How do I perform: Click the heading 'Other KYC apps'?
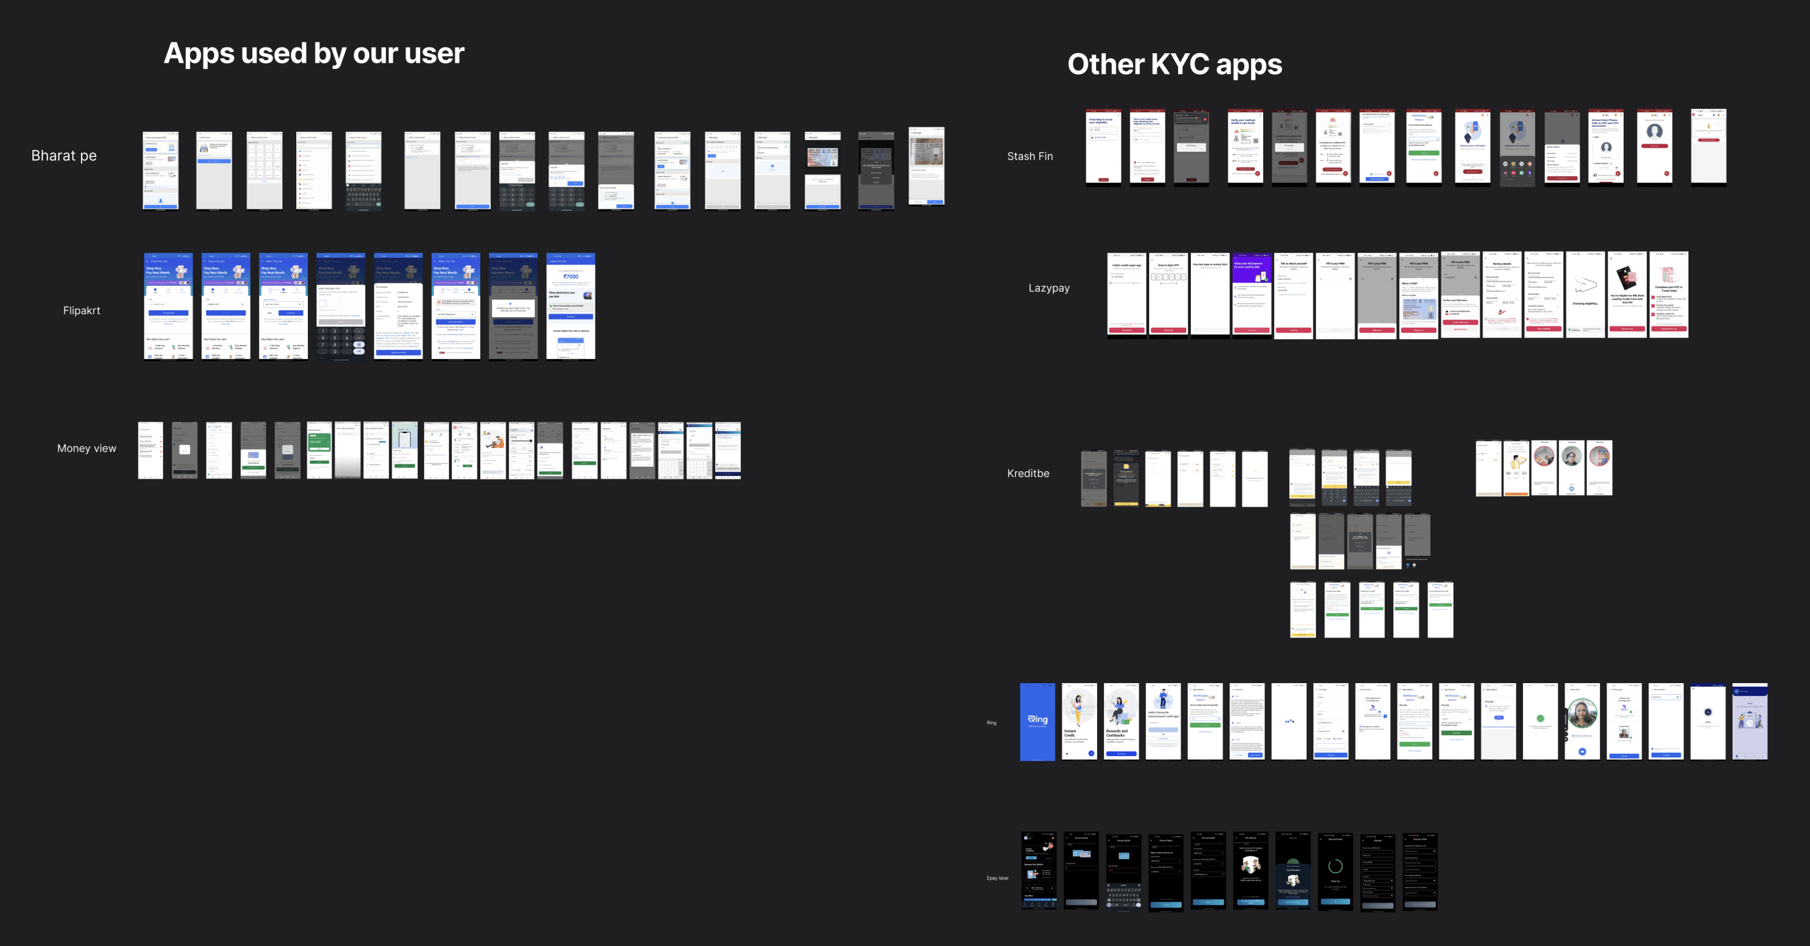tap(1174, 64)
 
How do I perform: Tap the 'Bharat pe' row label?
tap(64, 155)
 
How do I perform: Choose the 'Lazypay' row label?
tap(1049, 288)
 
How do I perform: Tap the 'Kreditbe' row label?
tap(1028, 473)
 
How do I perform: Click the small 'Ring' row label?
tap(991, 723)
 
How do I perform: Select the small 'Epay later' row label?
tap(997, 878)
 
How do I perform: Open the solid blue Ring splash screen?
tap(1037, 721)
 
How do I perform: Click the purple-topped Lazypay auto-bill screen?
tap(1251, 295)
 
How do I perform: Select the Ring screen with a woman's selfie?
tap(1582, 721)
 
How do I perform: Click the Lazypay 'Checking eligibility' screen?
tap(1585, 295)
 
